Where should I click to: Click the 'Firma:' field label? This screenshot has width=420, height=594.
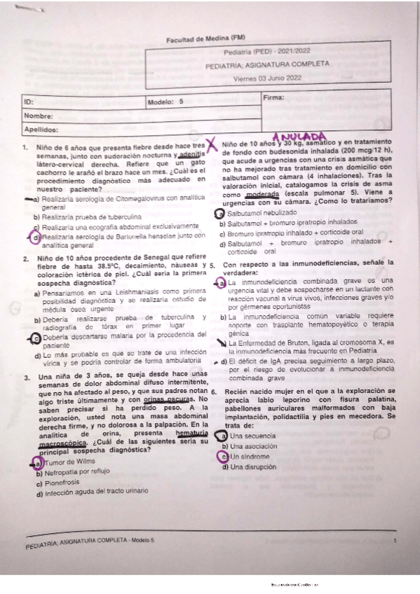(274, 98)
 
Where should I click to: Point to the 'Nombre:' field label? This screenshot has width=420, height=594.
(39, 116)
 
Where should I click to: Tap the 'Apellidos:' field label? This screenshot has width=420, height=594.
(43, 130)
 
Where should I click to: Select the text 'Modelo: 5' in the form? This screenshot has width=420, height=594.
(165, 102)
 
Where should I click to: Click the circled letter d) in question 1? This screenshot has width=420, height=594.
(36, 238)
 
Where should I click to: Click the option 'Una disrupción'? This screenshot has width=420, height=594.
(250, 467)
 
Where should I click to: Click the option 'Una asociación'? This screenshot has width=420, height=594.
(249, 446)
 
